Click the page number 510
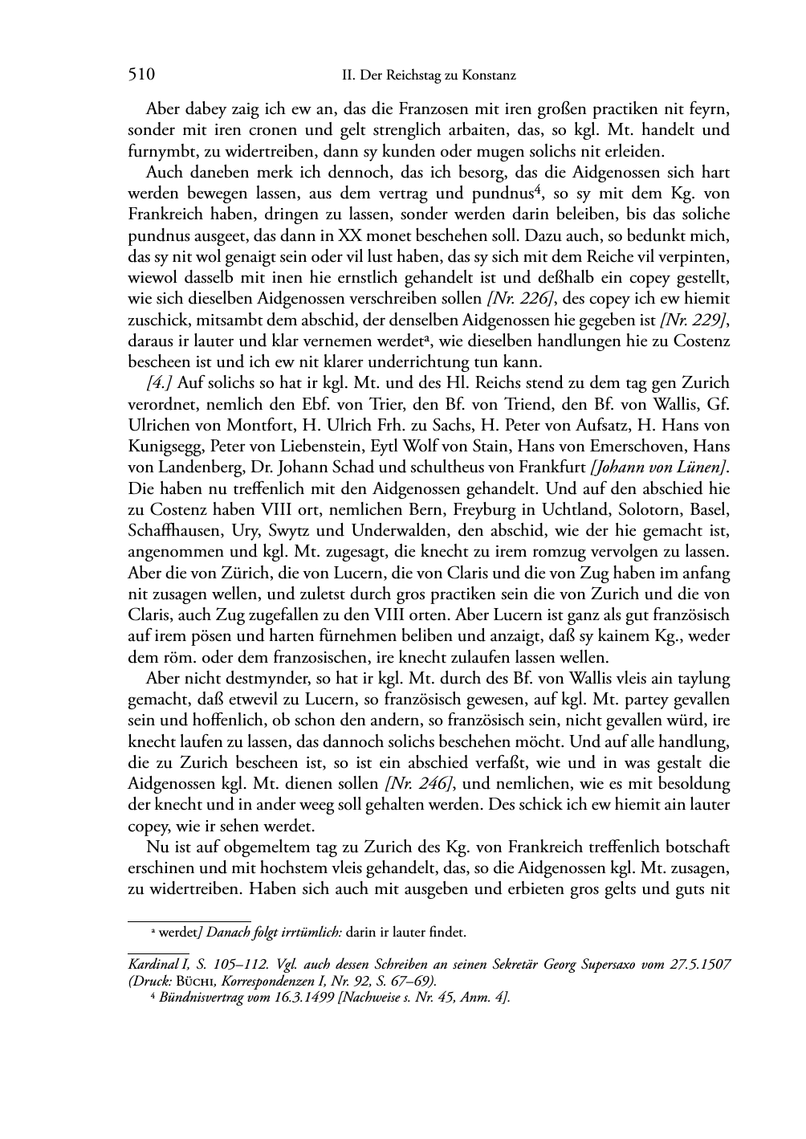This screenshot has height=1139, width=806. click(140, 76)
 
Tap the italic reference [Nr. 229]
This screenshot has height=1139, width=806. click(694, 320)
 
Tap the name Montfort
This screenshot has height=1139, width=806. click(242, 425)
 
